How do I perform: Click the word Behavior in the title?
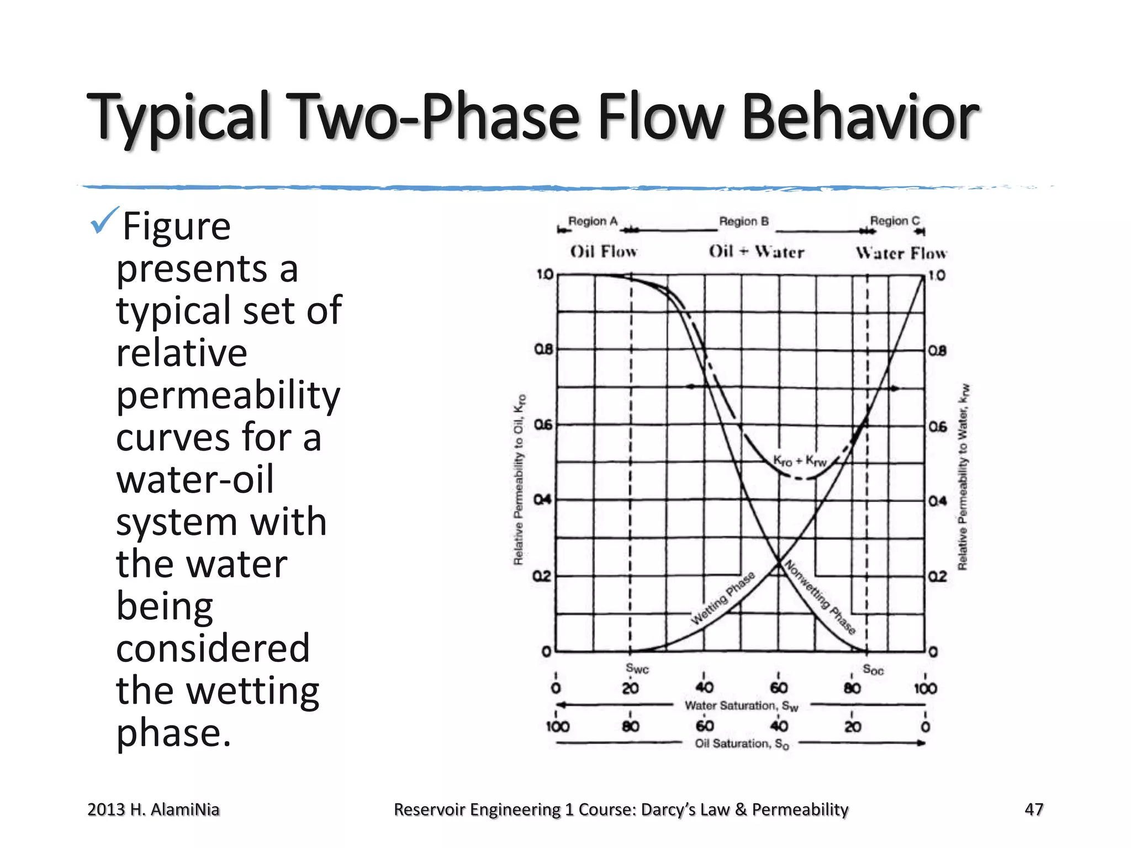point(860,117)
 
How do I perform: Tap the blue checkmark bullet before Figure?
point(104,220)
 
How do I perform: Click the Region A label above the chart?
point(593,221)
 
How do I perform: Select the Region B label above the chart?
point(743,221)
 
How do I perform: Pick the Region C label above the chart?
point(895,221)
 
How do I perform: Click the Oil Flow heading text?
point(604,252)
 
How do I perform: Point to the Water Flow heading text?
point(901,253)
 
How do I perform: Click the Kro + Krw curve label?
point(800,460)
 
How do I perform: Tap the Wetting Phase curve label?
point(723,598)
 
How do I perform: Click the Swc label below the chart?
point(637,669)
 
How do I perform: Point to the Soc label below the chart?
point(873,670)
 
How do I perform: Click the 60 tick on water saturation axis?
point(779,688)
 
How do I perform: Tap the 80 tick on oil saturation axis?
point(631,726)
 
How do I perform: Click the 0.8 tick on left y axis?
point(543,349)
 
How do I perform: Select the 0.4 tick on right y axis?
point(937,501)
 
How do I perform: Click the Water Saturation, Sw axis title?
point(741,706)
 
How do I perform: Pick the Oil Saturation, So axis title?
point(741,744)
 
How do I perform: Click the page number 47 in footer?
point(1033,809)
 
